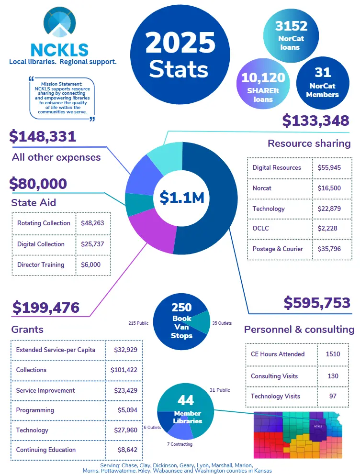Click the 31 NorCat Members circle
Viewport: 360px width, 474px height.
pyautogui.click(x=323, y=81)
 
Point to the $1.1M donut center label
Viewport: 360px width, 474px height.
pyautogui.click(x=181, y=197)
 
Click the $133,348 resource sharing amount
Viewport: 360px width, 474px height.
pyautogui.click(x=315, y=121)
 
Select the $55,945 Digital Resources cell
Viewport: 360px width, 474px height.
pyautogui.click(x=329, y=168)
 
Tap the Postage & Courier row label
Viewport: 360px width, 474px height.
pyautogui.click(x=278, y=249)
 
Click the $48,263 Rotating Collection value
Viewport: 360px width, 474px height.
pyautogui.click(x=92, y=223)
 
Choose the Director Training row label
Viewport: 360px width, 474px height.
pyautogui.click(x=41, y=265)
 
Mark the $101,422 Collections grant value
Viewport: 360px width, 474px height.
pyautogui.click(x=124, y=370)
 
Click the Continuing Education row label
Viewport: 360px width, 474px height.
pyautogui.click(x=46, y=450)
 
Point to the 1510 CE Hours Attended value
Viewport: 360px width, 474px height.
pyautogui.click(x=332, y=354)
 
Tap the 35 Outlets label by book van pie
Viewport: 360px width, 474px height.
pyautogui.click(x=222, y=323)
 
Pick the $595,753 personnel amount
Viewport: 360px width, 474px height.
pyautogui.click(x=317, y=303)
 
